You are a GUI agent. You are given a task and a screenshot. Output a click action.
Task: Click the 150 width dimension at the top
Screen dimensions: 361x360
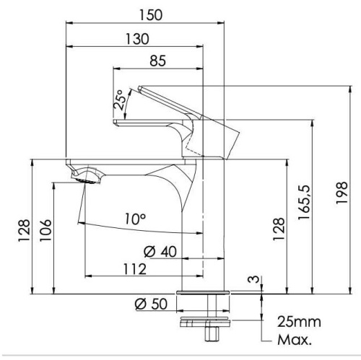click(x=151, y=15)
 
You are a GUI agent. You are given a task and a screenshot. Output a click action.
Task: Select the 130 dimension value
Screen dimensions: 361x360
click(x=137, y=39)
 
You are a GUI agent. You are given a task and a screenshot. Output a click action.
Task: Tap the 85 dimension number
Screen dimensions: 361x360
click(x=157, y=61)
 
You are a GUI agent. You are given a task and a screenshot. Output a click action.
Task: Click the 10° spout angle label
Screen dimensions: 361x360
click(x=135, y=219)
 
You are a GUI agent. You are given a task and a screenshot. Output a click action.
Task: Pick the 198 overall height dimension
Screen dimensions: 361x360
click(x=342, y=193)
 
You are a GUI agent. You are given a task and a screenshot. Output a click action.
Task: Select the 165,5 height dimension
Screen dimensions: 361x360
click(x=305, y=202)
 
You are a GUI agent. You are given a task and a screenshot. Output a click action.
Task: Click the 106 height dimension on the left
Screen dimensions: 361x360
click(x=45, y=230)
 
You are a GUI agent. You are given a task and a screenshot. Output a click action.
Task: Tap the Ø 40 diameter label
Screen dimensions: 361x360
click(x=160, y=252)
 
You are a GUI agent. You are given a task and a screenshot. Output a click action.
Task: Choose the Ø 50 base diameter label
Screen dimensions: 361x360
click(x=151, y=304)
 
